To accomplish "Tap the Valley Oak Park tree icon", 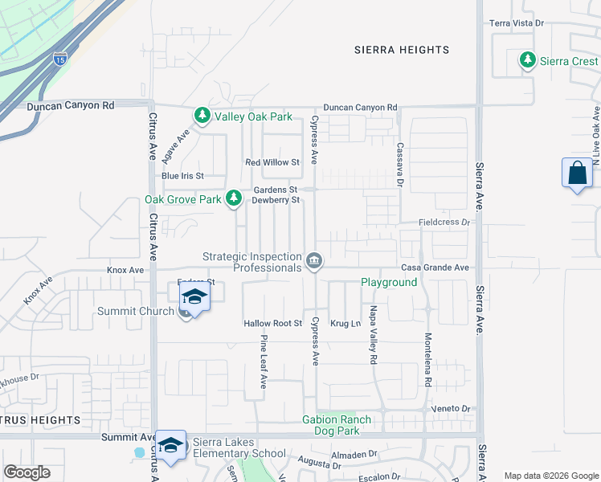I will pyautogui.click(x=202, y=116).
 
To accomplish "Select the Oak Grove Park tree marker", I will pyautogui.click(x=234, y=198).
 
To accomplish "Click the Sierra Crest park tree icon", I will pyautogui.click(x=528, y=60).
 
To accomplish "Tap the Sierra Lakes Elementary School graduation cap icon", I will pyautogui.click(x=170, y=447).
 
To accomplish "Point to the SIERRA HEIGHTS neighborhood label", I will pyautogui.click(x=402, y=50).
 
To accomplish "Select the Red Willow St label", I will pyautogui.click(x=272, y=162).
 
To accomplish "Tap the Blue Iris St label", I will pyautogui.click(x=182, y=176).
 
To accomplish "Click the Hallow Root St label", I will pyautogui.click(x=272, y=324).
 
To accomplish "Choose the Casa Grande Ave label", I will pyautogui.click(x=435, y=268).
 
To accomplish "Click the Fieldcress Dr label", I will pyautogui.click(x=444, y=222).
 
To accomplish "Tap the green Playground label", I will pyautogui.click(x=389, y=283).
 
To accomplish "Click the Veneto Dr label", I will pyautogui.click(x=450, y=409).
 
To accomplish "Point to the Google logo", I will pyautogui.click(x=27, y=472).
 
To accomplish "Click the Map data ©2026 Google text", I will pyautogui.click(x=550, y=476).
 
